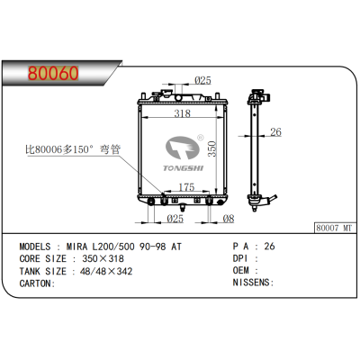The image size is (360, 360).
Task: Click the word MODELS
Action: click(x=39, y=245)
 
